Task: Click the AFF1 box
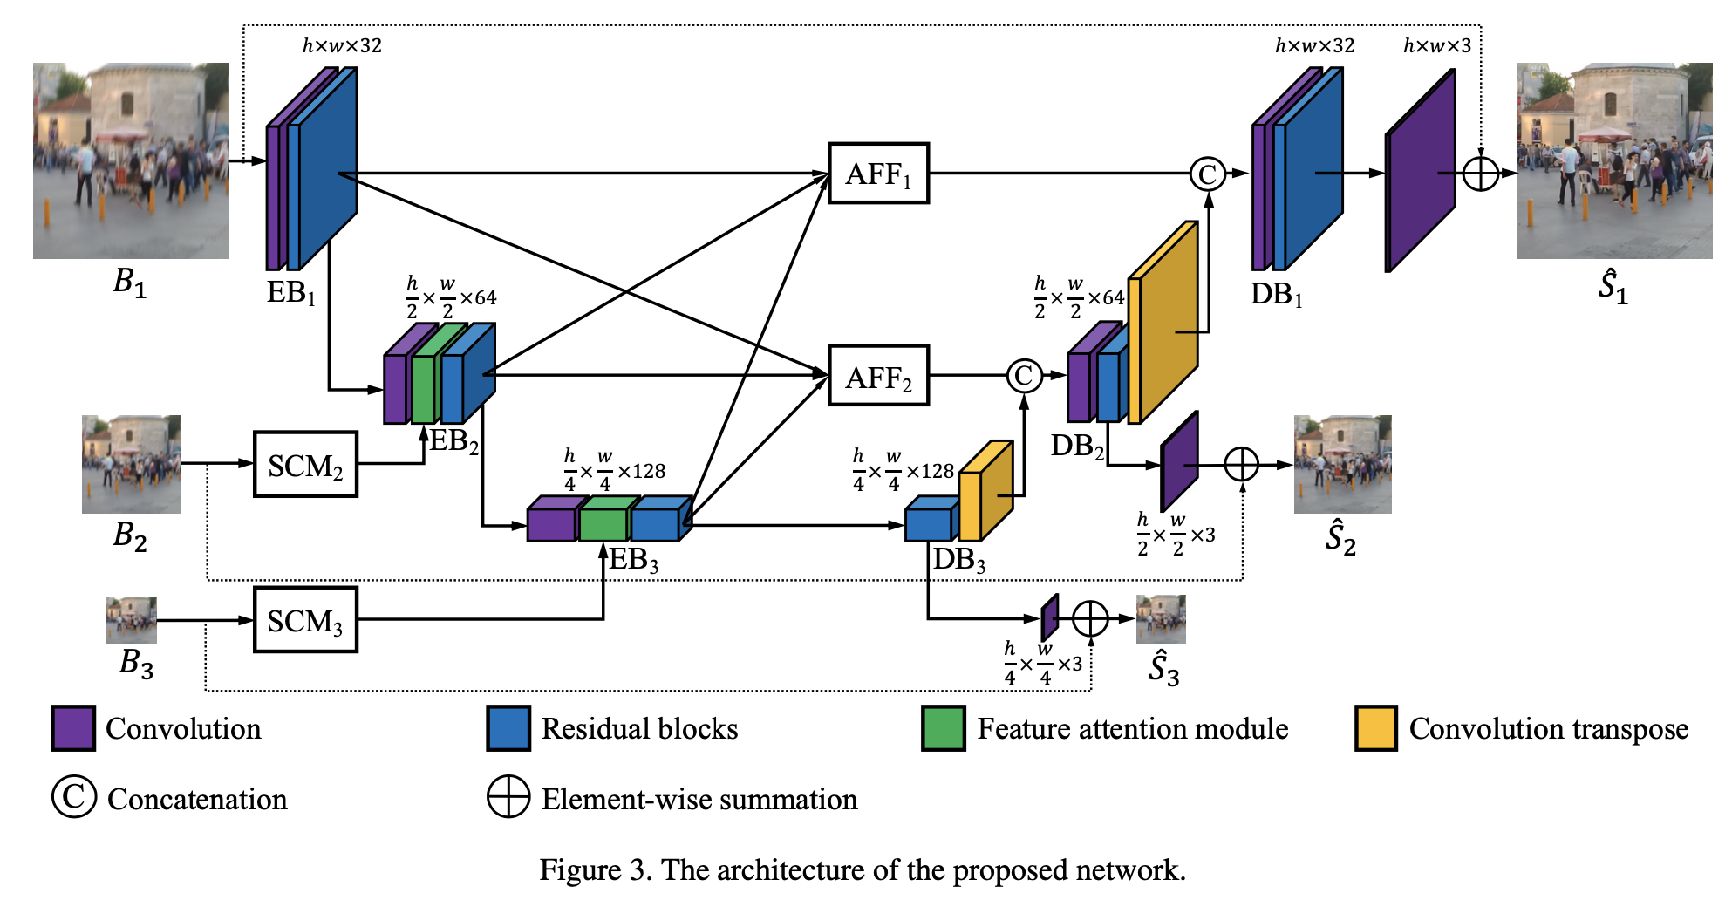(x=878, y=174)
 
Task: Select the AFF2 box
(x=878, y=376)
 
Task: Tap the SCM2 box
(x=305, y=465)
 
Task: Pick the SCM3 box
(x=305, y=620)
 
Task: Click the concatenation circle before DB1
(x=1207, y=174)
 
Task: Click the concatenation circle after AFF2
(x=1024, y=376)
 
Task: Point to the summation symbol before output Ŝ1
(x=1480, y=173)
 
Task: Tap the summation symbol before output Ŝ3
(x=1090, y=618)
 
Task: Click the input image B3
(x=131, y=620)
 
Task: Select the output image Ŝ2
(x=1342, y=464)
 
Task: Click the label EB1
(x=290, y=293)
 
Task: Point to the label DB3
(x=958, y=559)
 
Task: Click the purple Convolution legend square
(x=73, y=728)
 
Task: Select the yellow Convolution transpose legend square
(x=1376, y=728)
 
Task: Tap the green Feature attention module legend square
(x=944, y=728)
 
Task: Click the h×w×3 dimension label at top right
(x=1436, y=45)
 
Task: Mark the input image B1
(x=131, y=160)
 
